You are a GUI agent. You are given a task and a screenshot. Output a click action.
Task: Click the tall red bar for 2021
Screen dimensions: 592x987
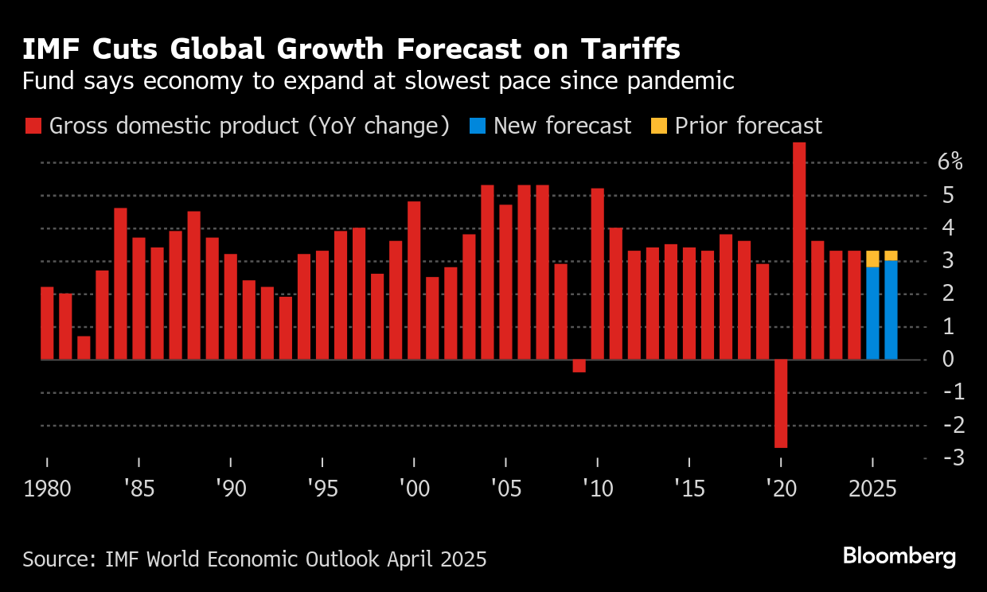pyautogui.click(x=799, y=251)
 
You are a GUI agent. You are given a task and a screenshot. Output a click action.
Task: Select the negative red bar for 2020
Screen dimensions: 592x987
pyautogui.click(x=781, y=403)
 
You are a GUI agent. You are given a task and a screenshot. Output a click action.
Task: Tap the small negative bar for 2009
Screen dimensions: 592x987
pyautogui.click(x=579, y=366)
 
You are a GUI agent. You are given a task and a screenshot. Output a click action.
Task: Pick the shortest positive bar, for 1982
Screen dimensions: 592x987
pyautogui.click(x=84, y=348)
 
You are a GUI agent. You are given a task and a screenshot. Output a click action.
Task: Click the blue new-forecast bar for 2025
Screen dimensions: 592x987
pyautogui.click(x=872, y=313)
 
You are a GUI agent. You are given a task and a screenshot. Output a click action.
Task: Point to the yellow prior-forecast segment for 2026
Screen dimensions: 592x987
pyautogui.click(x=891, y=255)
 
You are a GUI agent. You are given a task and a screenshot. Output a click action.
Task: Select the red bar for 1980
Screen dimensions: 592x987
pyautogui.click(x=47, y=323)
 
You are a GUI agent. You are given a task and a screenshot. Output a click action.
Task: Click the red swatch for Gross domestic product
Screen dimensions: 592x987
pyautogui.click(x=33, y=126)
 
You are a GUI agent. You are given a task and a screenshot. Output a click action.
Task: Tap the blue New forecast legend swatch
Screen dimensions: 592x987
pyautogui.click(x=477, y=126)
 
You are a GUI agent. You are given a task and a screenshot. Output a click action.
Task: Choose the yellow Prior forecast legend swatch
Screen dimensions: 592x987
pyautogui.click(x=659, y=126)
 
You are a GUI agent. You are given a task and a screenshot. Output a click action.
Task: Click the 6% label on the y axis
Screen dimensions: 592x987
pyautogui.click(x=950, y=162)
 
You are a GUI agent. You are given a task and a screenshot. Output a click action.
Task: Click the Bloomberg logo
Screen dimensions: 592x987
pyautogui.click(x=899, y=556)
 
